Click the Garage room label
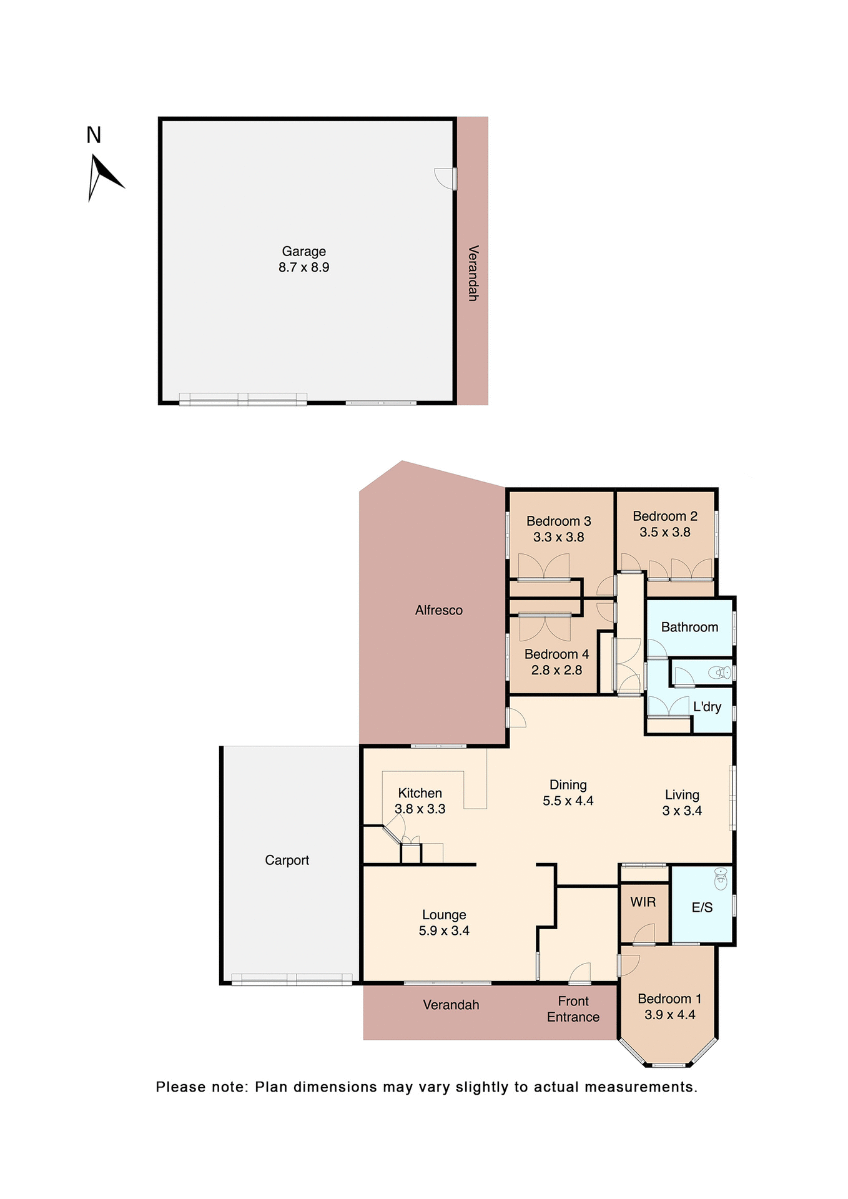(x=303, y=251)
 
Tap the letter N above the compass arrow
(x=94, y=135)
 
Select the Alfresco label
(x=438, y=610)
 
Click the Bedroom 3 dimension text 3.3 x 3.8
(x=558, y=537)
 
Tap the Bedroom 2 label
(x=664, y=516)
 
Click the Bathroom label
(x=689, y=627)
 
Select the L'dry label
(x=707, y=707)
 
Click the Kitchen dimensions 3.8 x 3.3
(x=420, y=809)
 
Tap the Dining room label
(x=568, y=785)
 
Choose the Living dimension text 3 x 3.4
(x=682, y=811)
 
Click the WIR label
(x=643, y=902)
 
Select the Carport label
(x=287, y=860)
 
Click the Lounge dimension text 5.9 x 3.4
(x=444, y=930)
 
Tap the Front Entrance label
(x=573, y=1009)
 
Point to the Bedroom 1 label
(x=669, y=999)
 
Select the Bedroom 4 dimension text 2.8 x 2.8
(x=556, y=670)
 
